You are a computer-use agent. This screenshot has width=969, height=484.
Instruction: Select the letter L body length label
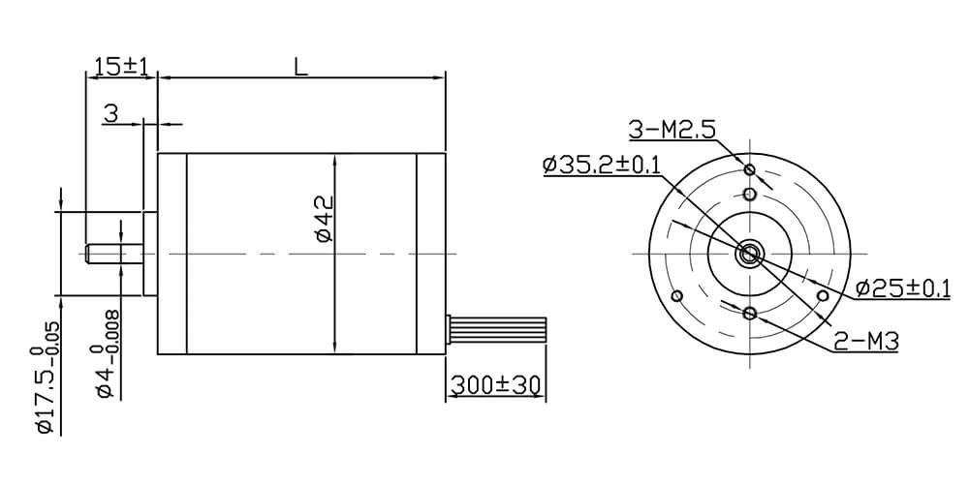[301, 67]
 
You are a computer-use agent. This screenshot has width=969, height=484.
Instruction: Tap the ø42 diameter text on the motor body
[323, 218]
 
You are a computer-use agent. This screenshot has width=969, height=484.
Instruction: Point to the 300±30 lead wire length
[494, 384]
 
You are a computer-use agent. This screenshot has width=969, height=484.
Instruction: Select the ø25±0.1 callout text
[902, 288]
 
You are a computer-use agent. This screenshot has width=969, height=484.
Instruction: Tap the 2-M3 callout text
[866, 341]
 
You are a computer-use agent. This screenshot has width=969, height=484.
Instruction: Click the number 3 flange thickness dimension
[110, 115]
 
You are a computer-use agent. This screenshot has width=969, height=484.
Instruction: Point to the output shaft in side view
[112, 255]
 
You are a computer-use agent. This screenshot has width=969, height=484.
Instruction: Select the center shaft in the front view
[750, 254]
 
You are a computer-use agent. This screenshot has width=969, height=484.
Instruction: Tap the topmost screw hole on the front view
[749, 170]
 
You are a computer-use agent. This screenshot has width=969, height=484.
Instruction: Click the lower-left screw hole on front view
[677, 295]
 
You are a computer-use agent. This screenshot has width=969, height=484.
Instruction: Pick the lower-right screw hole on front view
[823, 294]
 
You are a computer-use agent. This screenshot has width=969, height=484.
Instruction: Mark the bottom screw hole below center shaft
[750, 313]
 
